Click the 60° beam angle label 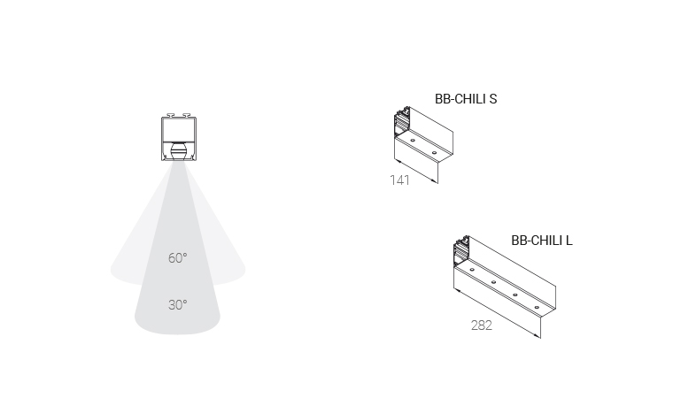178,258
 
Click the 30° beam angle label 178,305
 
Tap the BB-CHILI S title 466,99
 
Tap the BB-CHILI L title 542,241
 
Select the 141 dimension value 399,180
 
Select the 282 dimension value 481,325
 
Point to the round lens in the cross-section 179,151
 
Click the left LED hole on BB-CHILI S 413,141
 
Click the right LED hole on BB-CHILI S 434,153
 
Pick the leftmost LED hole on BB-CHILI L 472,270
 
